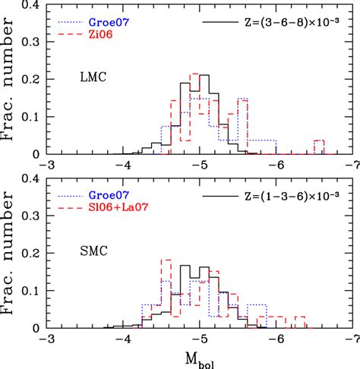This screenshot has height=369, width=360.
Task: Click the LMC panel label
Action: (x=96, y=77)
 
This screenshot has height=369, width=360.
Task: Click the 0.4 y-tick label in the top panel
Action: (x=30, y=6)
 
